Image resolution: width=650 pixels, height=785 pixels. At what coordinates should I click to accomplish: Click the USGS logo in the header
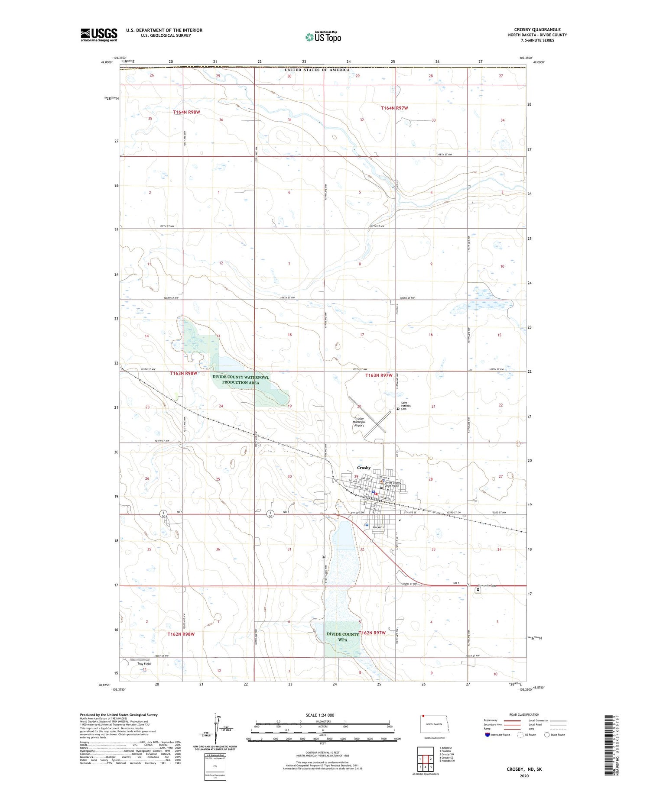coord(99,35)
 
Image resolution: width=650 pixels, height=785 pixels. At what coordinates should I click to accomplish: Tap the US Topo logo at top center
coord(323,37)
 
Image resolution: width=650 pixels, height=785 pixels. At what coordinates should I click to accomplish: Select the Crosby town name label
coord(364,468)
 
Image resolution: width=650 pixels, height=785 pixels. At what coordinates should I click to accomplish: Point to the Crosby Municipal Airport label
coord(360,422)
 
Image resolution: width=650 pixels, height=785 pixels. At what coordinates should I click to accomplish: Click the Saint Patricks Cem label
coord(406,406)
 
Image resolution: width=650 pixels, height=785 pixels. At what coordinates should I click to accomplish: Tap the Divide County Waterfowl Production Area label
coord(241,380)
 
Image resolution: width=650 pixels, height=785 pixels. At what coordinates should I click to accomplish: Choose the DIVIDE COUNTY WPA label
coord(343,636)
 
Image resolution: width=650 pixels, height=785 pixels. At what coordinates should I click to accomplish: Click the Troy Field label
coord(144,663)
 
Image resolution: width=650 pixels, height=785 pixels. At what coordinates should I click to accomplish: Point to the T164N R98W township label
coord(187,112)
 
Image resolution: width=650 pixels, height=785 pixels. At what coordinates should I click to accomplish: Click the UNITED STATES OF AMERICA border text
coord(317,70)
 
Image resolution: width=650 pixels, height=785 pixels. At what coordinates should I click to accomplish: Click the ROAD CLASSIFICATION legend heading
coord(524,714)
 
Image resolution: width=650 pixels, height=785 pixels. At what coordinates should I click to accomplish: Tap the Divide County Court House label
coord(393,484)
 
